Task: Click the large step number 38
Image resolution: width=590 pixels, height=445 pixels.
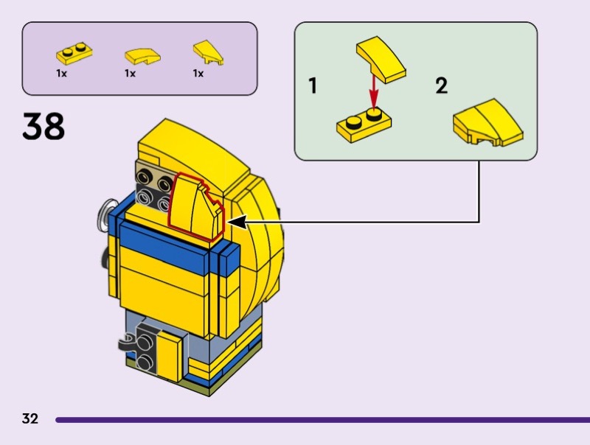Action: coord(44,126)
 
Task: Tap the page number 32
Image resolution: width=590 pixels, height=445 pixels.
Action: coord(30,418)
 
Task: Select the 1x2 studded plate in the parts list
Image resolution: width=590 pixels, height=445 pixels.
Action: coord(74,54)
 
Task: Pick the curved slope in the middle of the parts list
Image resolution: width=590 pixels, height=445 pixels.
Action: coord(142,57)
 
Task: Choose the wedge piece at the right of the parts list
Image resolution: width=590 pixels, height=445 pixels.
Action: coord(208,52)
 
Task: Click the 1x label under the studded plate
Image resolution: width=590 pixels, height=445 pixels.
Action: coord(61,73)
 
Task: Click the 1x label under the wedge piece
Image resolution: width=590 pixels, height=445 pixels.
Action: coord(198,73)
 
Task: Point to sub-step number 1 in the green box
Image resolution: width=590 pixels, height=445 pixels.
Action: coord(313,85)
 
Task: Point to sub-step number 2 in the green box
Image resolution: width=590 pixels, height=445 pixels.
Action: coord(441,85)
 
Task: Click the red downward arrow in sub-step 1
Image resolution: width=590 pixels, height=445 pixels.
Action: coord(373,91)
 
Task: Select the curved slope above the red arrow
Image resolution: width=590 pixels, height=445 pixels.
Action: coord(381,60)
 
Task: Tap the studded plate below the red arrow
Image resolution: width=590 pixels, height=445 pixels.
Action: coord(364,126)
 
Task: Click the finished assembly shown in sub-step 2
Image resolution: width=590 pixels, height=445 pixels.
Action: coord(488,123)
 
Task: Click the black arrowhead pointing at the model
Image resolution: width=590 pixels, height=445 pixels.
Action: coord(237,222)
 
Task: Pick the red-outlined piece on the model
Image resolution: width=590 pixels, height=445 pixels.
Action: coord(195,207)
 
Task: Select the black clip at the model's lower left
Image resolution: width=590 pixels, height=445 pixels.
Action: coord(127,343)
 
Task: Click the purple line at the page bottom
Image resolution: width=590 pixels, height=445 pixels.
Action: coord(322,420)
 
